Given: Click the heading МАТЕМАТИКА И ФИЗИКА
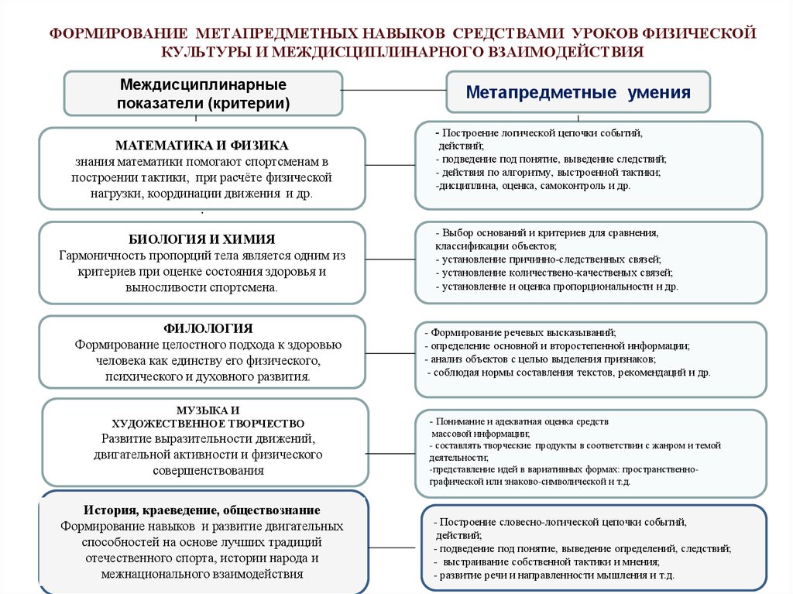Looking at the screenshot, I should [202, 146].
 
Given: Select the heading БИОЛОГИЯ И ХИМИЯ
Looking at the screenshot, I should [201, 239].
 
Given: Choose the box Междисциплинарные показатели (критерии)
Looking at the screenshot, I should [202, 93].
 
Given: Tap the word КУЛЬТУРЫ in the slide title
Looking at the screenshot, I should [204, 53].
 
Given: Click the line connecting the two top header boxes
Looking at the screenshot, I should [393, 91].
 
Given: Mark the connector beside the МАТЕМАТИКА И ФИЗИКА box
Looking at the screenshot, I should [390, 165].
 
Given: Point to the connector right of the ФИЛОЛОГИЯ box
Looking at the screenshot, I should [390, 352].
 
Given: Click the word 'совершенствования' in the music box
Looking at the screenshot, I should [201, 470].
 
